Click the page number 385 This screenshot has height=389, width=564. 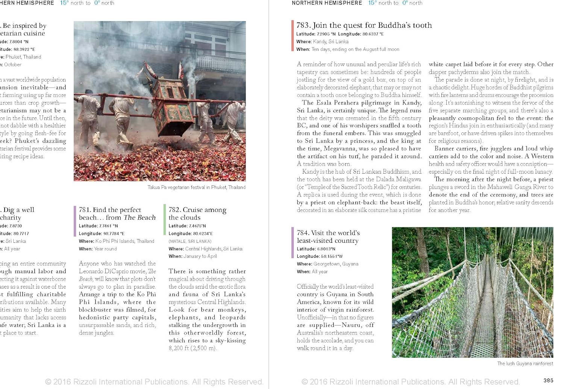click(x=548, y=380)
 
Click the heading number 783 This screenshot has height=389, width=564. click(x=303, y=26)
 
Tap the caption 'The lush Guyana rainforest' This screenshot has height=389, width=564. click(x=525, y=363)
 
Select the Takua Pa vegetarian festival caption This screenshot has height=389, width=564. click(x=196, y=187)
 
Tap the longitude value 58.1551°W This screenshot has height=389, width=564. click(x=332, y=256)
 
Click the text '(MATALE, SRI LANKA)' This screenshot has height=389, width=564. click(x=190, y=241)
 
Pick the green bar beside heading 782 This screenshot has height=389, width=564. click(x=165, y=219)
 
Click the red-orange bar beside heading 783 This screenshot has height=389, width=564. click(x=293, y=35)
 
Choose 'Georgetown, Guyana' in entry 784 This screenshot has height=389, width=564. click(x=336, y=264)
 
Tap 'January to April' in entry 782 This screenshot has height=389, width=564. click(x=200, y=256)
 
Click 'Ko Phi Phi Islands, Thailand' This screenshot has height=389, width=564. click(x=124, y=241)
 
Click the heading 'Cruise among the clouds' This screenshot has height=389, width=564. click(x=197, y=213)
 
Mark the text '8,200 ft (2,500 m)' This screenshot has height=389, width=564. click(x=193, y=348)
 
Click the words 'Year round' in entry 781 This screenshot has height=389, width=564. click(x=105, y=249)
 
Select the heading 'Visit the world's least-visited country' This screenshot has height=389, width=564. click(x=328, y=236)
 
